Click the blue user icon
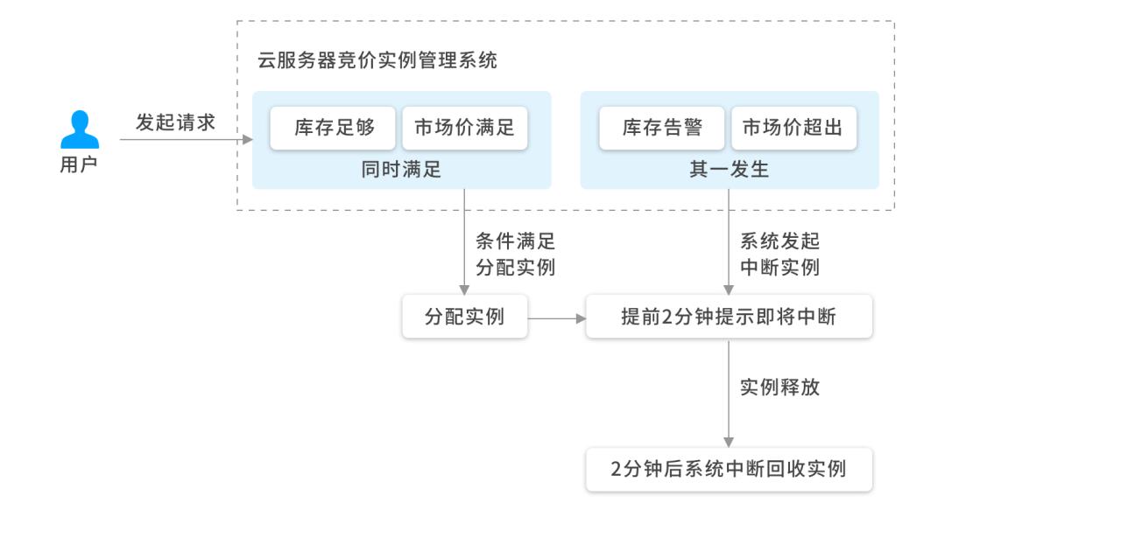pyautogui.click(x=80, y=129)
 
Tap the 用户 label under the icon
pyautogui.click(x=78, y=165)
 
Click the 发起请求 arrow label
pyautogui.click(x=175, y=122)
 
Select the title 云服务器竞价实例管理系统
pyautogui.click(x=377, y=60)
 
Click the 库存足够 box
pyautogui.click(x=334, y=129)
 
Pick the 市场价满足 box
pyautogui.click(x=464, y=129)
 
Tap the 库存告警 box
pyautogui.click(x=662, y=129)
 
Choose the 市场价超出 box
pyautogui.click(x=793, y=129)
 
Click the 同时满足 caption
pyautogui.click(x=401, y=170)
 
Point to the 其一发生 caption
pyautogui.click(x=729, y=170)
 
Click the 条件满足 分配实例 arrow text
pyautogui.click(x=515, y=254)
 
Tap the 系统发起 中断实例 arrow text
pyautogui.click(x=779, y=254)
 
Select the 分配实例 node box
pyautogui.click(x=464, y=317)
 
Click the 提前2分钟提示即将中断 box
pyautogui.click(x=729, y=317)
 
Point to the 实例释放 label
pyautogui.click(x=779, y=387)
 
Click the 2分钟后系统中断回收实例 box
pyautogui.click(x=729, y=469)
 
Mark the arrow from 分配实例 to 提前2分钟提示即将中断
pyautogui.click(x=557, y=318)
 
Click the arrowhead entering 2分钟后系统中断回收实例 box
pyautogui.click(x=729, y=443)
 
